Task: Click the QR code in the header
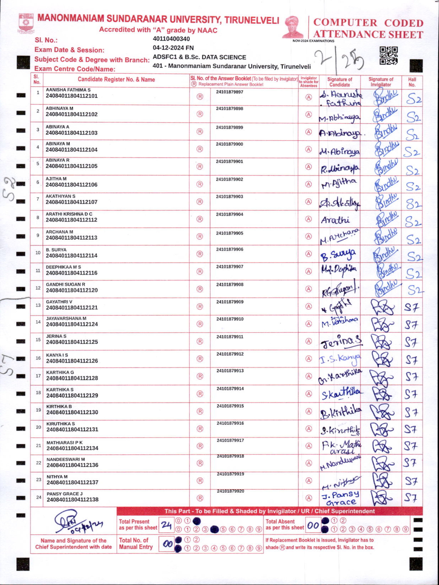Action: pyautogui.click(x=388, y=56)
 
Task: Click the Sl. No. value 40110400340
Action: pyautogui.click(x=171, y=39)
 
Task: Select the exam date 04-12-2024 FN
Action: pyautogui.click(x=173, y=48)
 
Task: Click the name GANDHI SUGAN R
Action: pyautogui.click(x=65, y=284)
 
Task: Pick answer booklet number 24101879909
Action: pyautogui.click(x=230, y=302)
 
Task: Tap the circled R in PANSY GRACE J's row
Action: pyautogui.click(x=200, y=498)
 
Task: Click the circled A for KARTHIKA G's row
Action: pyautogui.click(x=308, y=376)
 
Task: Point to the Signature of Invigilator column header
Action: pyautogui.click(x=381, y=82)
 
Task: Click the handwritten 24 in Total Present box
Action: pyautogui.click(x=166, y=525)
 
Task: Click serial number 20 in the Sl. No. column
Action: pyautogui.click(x=39, y=427)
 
